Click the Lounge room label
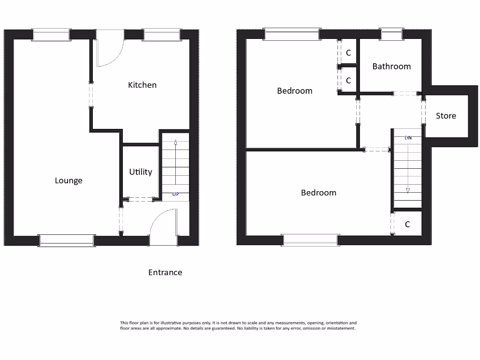[x=68, y=180]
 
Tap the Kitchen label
[x=142, y=85]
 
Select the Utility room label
[x=141, y=172]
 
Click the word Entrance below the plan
[x=165, y=272]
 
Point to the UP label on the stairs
[x=175, y=194]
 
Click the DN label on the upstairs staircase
[x=408, y=138]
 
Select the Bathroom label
[x=391, y=67]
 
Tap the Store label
[x=446, y=116]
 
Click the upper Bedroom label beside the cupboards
[x=294, y=91]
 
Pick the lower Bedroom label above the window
[x=318, y=193]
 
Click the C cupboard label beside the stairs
[x=407, y=225]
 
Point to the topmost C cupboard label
[x=348, y=53]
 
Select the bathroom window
[x=391, y=35]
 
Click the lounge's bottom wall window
[x=67, y=240]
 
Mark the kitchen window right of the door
[x=162, y=35]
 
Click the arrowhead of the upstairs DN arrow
[x=408, y=190]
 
